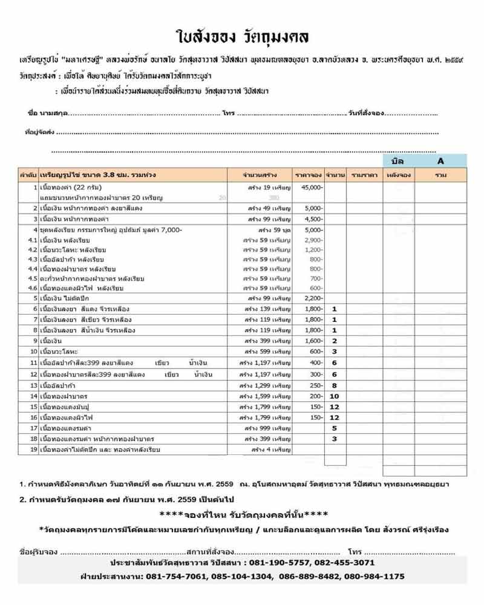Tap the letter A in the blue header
coord(441,161)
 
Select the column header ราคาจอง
coord(308,175)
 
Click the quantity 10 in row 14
coord(334,396)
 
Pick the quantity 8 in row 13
coord(334,385)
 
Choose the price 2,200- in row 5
coord(313,298)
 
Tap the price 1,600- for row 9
coord(313,341)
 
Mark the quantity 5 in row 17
coord(334,428)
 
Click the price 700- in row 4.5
coord(316,278)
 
